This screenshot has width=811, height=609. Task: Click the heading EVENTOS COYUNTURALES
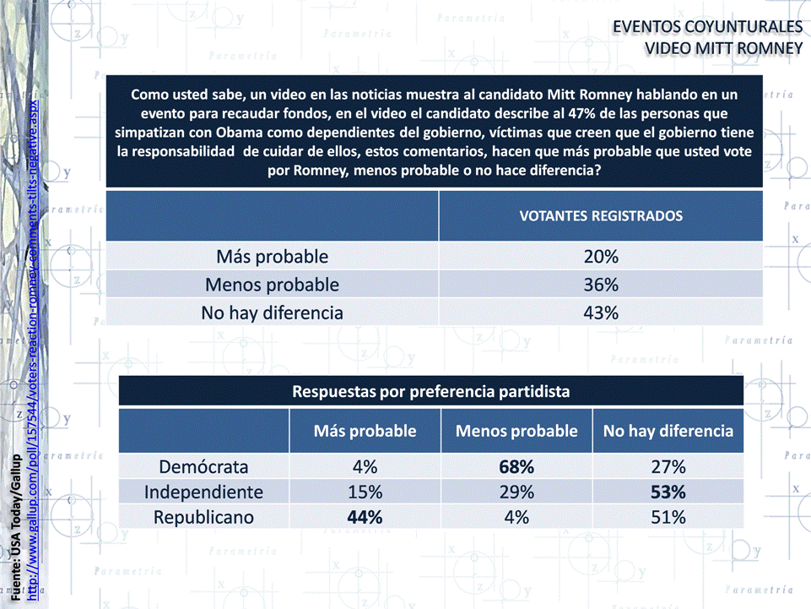point(707,27)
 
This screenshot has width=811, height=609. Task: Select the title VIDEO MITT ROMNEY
point(723,48)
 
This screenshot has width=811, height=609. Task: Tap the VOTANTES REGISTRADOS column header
point(600,215)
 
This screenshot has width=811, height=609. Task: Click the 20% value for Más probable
point(601,256)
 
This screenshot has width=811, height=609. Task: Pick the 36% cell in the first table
point(601,285)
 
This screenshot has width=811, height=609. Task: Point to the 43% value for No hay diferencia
point(601,313)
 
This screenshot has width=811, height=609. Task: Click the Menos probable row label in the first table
point(272,285)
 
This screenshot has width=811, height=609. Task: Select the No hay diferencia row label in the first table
point(272,313)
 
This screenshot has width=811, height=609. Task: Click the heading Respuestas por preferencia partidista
point(430,391)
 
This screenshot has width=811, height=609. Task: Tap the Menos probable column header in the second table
point(516,431)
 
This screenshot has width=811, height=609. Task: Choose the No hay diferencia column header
point(668,431)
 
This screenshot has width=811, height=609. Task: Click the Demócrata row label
point(204,466)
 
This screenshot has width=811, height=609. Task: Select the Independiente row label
point(204,492)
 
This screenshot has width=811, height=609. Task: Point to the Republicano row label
point(204,517)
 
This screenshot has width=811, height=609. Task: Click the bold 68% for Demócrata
point(516,466)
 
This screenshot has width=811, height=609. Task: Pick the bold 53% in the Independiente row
point(668,492)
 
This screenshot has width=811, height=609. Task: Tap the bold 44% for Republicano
point(365,517)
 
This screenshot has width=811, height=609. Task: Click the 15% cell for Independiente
point(365,492)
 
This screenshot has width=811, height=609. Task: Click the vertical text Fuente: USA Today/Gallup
point(17,527)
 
